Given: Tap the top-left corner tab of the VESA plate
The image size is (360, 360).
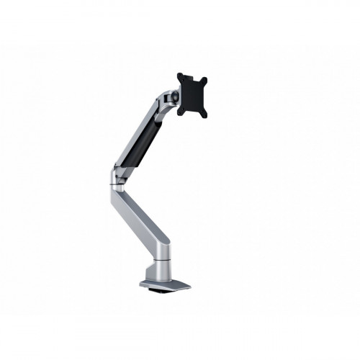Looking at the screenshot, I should tap(181, 75).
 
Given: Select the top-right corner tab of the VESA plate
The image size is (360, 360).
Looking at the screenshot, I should tap(205, 77).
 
